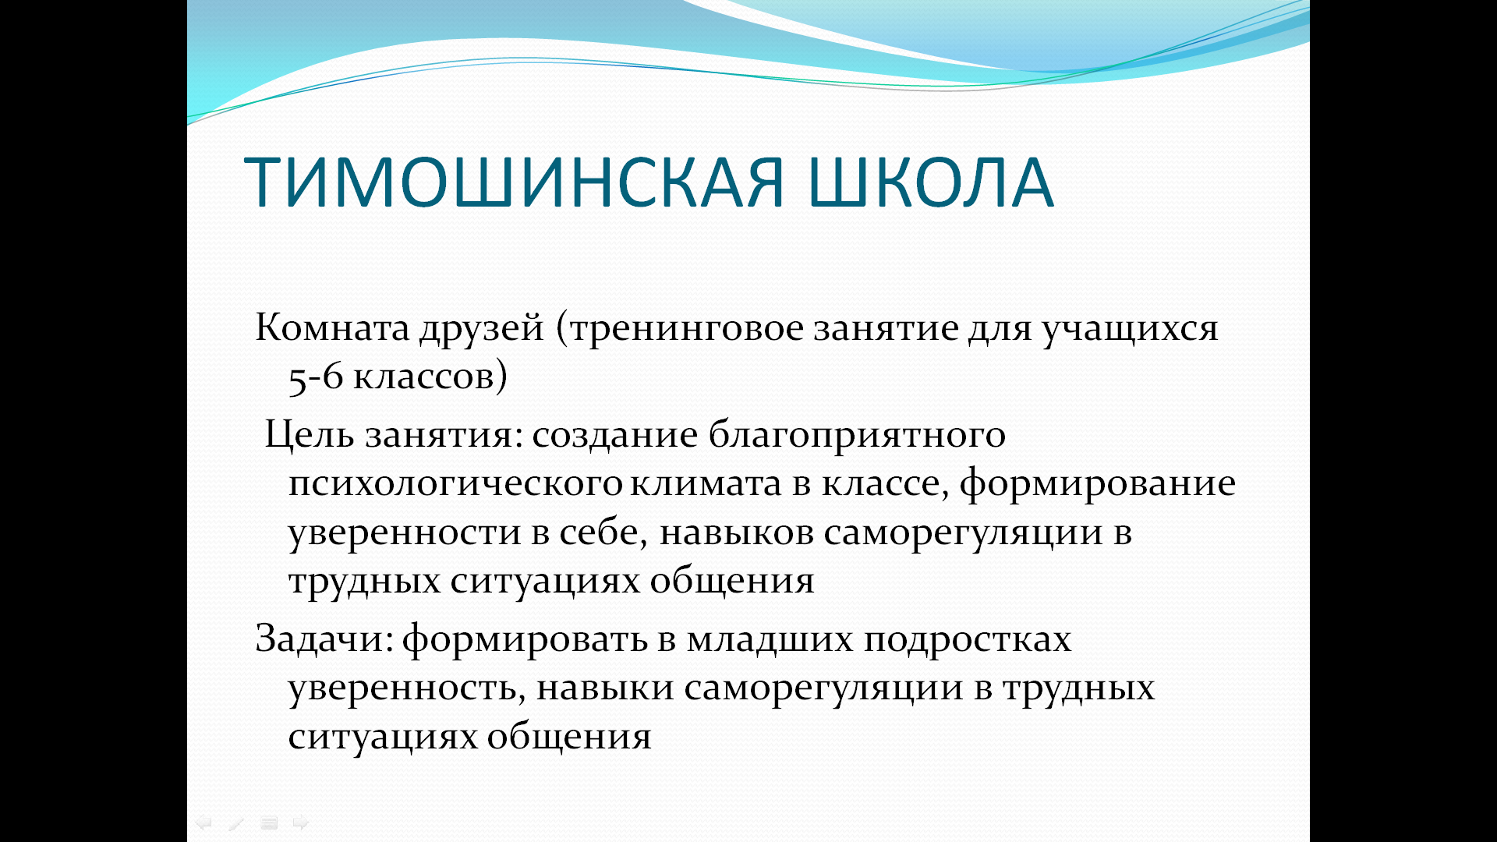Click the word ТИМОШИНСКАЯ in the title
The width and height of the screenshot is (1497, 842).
(514, 182)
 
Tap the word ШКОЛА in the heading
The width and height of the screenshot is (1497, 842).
(932, 182)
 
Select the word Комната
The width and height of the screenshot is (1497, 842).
(332, 327)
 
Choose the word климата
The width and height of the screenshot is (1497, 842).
(706, 485)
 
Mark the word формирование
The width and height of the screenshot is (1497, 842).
(1097, 485)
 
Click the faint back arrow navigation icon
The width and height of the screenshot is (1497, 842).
(203, 823)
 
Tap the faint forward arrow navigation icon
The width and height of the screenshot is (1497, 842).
(301, 823)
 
